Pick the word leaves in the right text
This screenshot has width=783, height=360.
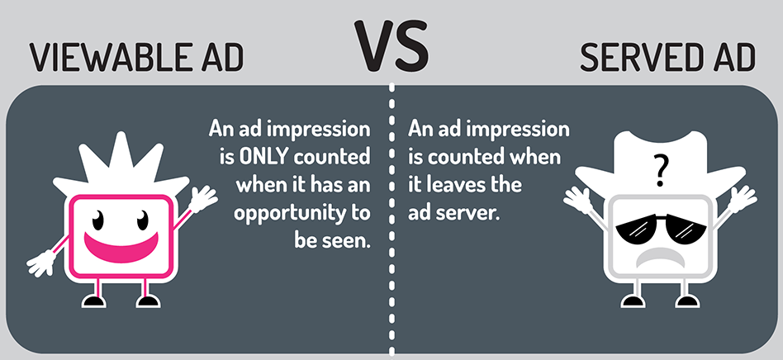tap(453, 185)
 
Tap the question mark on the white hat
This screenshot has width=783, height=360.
tap(660, 170)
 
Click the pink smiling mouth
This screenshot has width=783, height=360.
tap(121, 244)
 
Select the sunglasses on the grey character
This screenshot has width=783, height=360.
tap(661, 228)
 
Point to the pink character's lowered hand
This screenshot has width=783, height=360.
tap(42, 263)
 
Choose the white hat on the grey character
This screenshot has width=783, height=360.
tap(660, 165)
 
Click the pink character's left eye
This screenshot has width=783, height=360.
tap(97, 220)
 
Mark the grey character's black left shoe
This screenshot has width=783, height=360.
tap(633, 301)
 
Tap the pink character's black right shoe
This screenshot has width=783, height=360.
tap(149, 301)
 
